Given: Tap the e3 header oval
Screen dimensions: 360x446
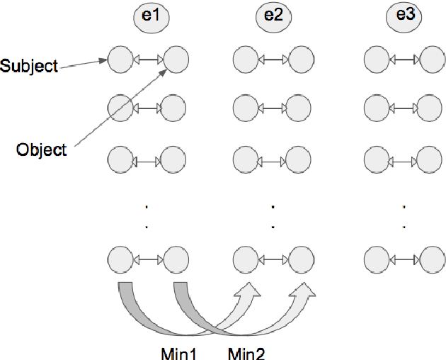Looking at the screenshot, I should tap(404, 18).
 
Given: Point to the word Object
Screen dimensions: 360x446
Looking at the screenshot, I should tap(42, 150).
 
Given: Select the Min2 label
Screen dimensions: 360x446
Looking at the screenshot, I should tap(246, 352).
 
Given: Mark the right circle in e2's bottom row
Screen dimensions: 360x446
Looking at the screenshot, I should tap(300, 259).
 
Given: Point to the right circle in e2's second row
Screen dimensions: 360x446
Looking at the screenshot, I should tap(300, 108).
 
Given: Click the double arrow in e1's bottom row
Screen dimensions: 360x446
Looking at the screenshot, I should tap(147, 259).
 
